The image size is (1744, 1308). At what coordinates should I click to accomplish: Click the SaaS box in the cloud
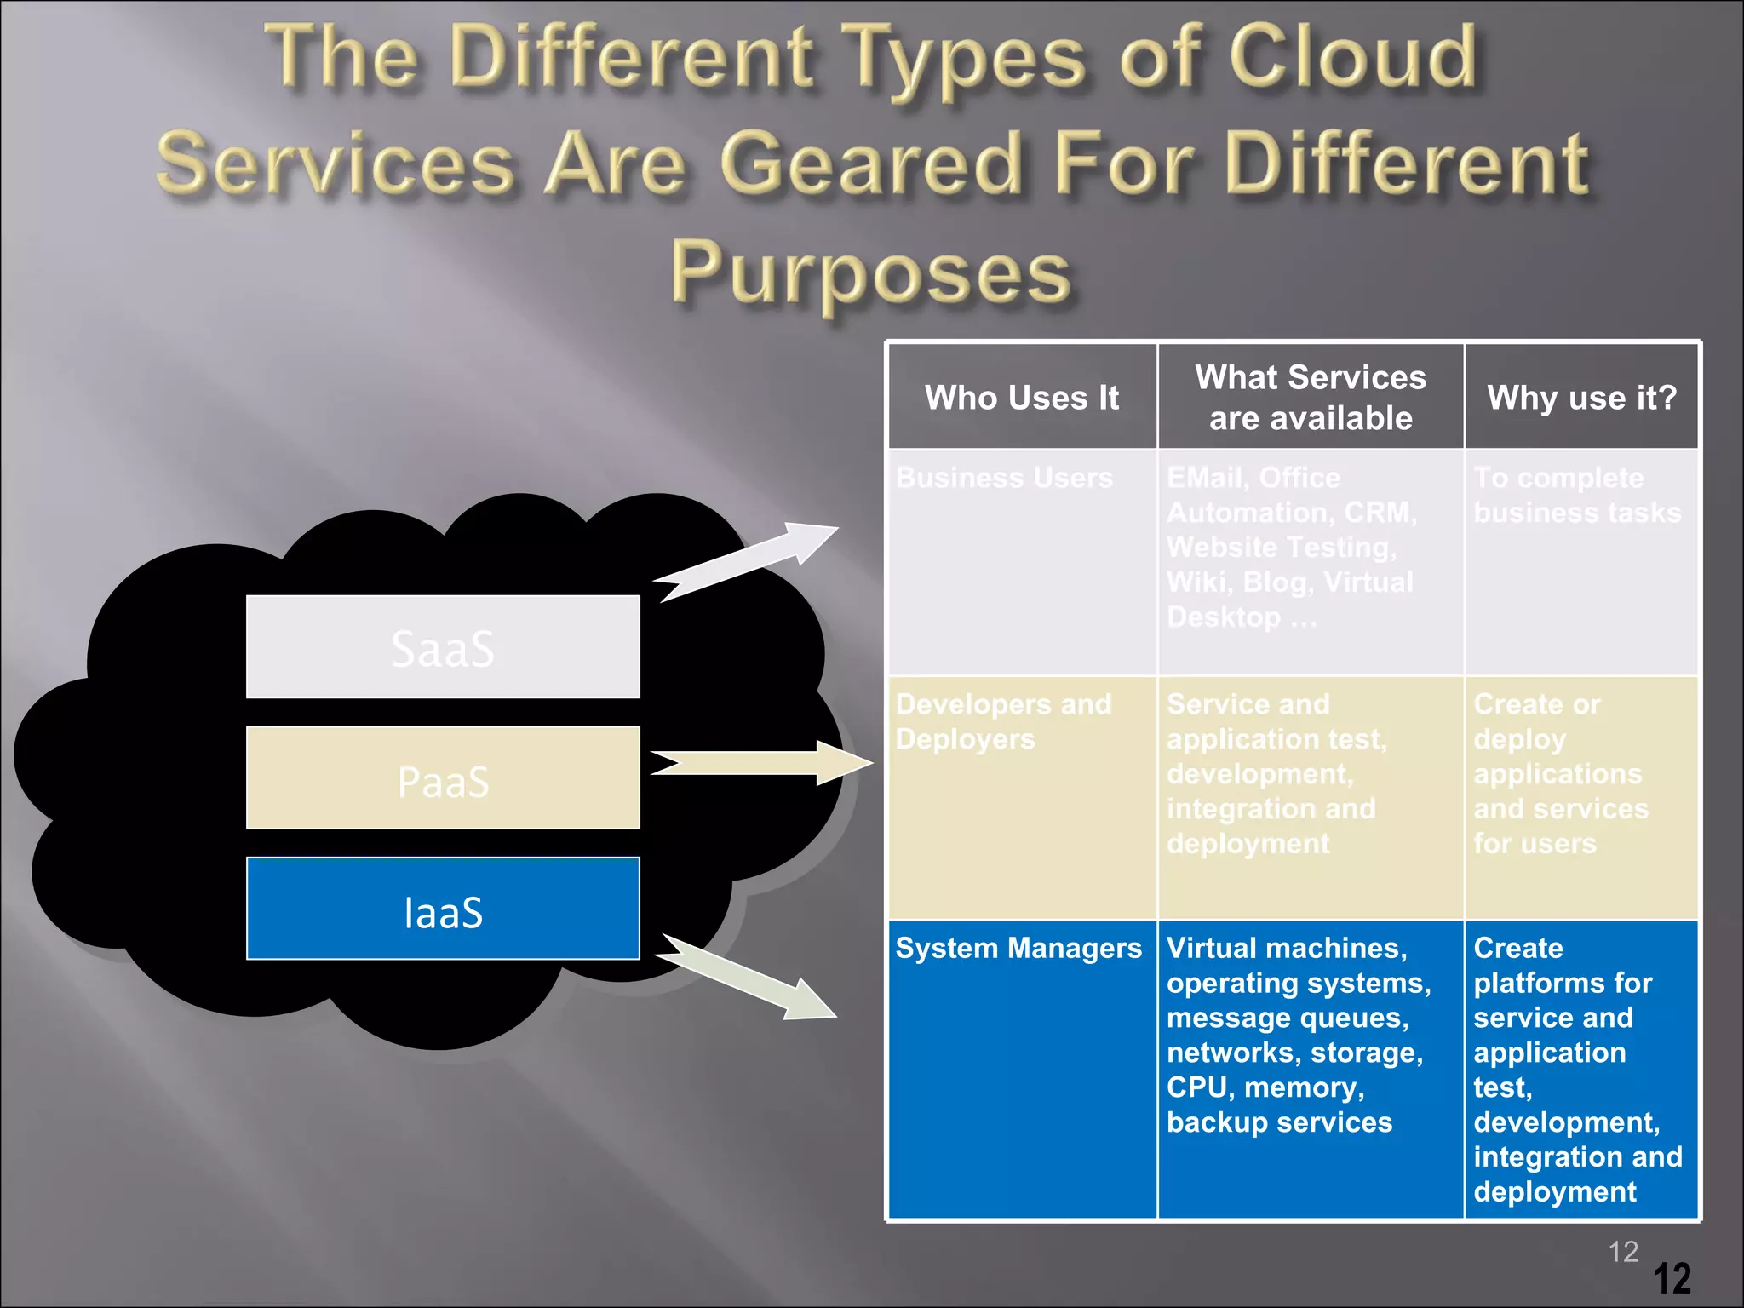click(x=443, y=647)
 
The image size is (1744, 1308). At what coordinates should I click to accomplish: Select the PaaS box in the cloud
click(x=443, y=777)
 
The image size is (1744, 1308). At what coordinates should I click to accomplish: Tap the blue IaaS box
click(x=443, y=909)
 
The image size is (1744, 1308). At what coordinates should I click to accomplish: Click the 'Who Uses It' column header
click(x=1022, y=398)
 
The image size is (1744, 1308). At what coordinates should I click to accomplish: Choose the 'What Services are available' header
click(x=1311, y=398)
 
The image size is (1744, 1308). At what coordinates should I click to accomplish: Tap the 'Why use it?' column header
click(x=1581, y=398)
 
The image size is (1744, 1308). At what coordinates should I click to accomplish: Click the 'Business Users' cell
click(x=1022, y=562)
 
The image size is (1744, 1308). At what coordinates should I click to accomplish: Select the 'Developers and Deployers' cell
click(x=1022, y=798)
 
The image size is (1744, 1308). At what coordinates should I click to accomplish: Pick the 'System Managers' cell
click(x=1022, y=1069)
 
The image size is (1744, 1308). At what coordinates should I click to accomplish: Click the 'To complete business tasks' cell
click(x=1581, y=562)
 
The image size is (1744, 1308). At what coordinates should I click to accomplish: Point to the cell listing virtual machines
click(x=1311, y=1069)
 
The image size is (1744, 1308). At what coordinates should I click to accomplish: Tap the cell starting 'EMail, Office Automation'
click(x=1311, y=562)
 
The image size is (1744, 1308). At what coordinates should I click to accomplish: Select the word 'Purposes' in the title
click(x=870, y=272)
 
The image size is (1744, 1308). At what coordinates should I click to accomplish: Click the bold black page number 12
click(x=1672, y=1278)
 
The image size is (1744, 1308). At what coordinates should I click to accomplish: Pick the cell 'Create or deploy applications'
click(x=1581, y=798)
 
